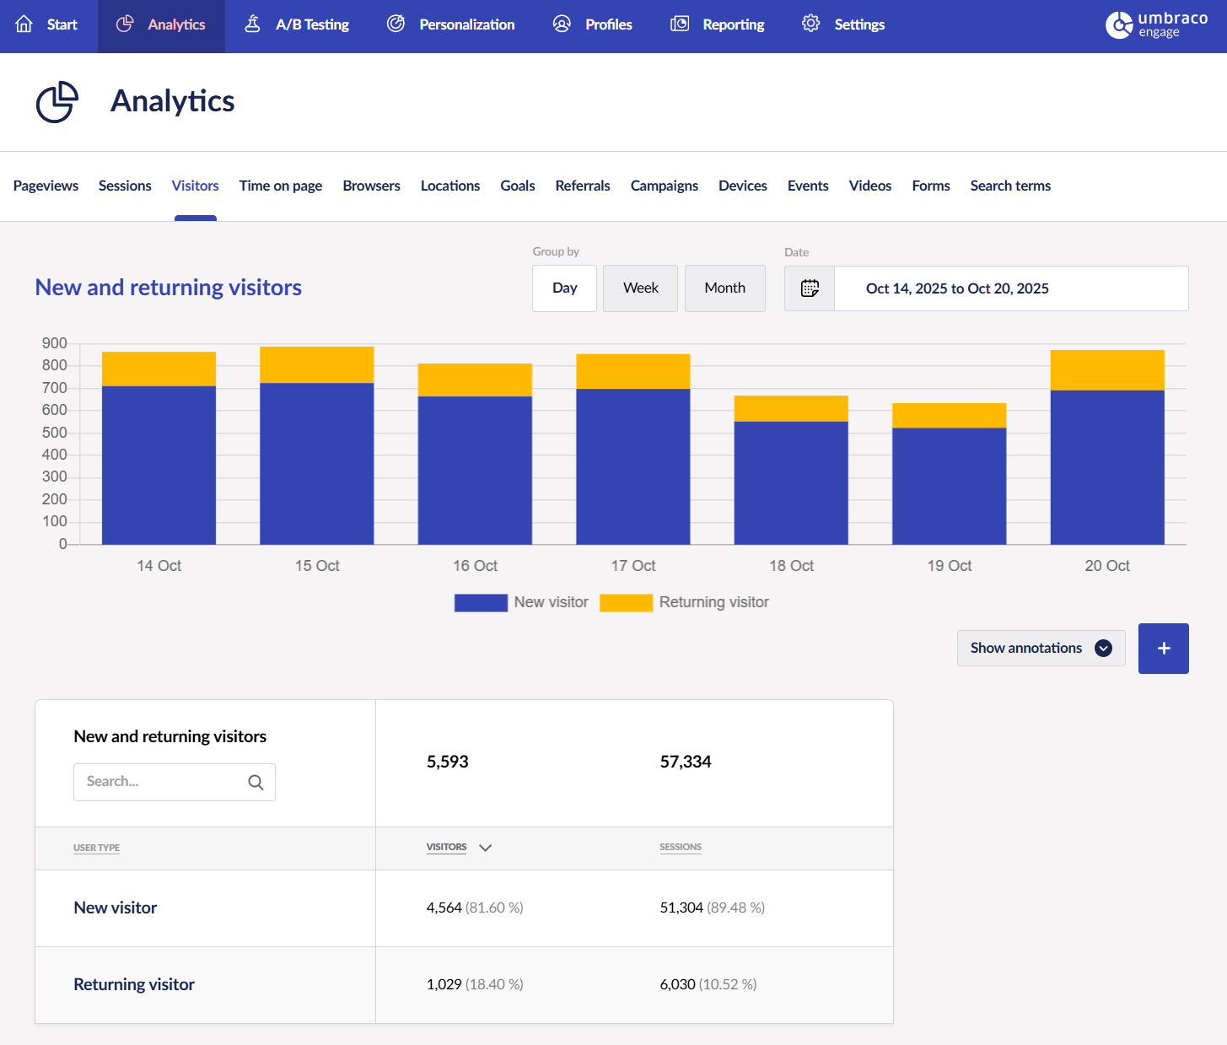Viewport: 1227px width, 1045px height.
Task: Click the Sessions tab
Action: pyautogui.click(x=125, y=186)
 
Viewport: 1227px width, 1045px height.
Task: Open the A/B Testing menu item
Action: pyautogui.click(x=297, y=24)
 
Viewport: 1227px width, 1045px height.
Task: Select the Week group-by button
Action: pyautogui.click(x=640, y=288)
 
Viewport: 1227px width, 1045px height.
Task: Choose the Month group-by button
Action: pyautogui.click(x=724, y=288)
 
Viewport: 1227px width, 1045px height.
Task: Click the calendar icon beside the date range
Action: pyautogui.click(x=810, y=288)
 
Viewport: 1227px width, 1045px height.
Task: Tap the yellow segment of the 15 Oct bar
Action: pyautogui.click(x=316, y=365)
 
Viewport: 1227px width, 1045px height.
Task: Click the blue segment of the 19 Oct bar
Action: pyautogui.click(x=949, y=486)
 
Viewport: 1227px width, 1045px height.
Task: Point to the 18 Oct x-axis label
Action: pyautogui.click(x=791, y=566)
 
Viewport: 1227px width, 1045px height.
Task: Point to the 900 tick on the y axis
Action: pyautogui.click(x=55, y=343)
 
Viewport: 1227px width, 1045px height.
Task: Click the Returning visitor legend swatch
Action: pyautogui.click(x=626, y=602)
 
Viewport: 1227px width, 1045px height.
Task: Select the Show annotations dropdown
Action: pyautogui.click(x=1041, y=648)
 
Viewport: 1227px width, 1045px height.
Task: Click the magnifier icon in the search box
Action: pyautogui.click(x=256, y=783)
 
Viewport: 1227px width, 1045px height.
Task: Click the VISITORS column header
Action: pyautogui.click(x=447, y=847)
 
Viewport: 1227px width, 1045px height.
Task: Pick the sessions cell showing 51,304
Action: pyautogui.click(x=681, y=908)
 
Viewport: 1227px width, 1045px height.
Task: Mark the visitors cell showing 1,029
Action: pyautogui.click(x=444, y=984)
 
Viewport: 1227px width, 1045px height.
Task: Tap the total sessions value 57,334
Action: pyautogui.click(x=686, y=762)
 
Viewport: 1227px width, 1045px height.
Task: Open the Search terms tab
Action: pyautogui.click(x=1010, y=186)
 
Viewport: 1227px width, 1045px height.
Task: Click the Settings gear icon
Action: pyautogui.click(x=810, y=24)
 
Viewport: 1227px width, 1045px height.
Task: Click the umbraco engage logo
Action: pyautogui.click(x=1156, y=25)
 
